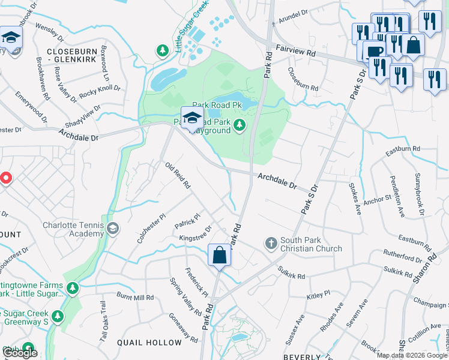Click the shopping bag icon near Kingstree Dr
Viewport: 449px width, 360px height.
[220, 254]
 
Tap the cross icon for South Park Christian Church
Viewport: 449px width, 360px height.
[271, 243]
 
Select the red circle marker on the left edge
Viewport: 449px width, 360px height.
[5, 178]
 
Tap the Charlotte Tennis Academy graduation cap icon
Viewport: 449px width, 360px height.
[112, 228]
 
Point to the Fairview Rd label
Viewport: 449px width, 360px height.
[295, 52]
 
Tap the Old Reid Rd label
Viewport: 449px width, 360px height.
[178, 174]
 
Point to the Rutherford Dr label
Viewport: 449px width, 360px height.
[403, 259]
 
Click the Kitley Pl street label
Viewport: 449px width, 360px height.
[319, 295]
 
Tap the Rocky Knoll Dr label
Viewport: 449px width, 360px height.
[100, 91]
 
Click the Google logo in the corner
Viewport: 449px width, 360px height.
[20, 353]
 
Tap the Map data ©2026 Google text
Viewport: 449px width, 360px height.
[412, 355]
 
